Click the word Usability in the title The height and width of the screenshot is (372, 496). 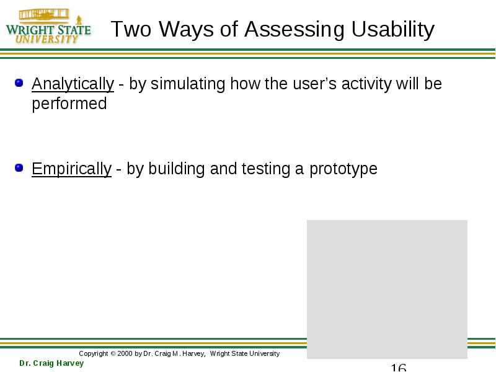[x=393, y=29]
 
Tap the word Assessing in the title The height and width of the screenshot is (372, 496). [x=294, y=29]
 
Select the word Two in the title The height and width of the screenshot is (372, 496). [x=131, y=29]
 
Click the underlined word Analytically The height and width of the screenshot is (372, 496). [x=73, y=84]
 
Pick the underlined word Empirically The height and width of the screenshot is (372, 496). [x=71, y=169]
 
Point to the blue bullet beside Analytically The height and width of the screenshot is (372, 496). [x=19, y=83]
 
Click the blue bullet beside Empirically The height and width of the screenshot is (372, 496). [x=19, y=167]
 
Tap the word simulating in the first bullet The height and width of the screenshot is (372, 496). [x=188, y=84]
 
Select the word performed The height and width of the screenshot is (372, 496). [x=69, y=104]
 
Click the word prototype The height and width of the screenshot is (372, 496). [x=343, y=169]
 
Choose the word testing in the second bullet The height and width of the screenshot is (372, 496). [x=266, y=169]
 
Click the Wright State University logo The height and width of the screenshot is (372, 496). [x=48, y=27]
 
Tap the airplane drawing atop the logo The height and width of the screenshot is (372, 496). [x=44, y=14]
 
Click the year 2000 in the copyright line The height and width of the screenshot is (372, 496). [x=125, y=353]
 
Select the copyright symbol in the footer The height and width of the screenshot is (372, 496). [x=113, y=353]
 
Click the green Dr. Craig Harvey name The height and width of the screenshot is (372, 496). [x=51, y=363]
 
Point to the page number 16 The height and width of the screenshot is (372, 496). [x=398, y=367]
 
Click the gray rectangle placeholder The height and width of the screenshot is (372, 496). [x=387, y=290]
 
